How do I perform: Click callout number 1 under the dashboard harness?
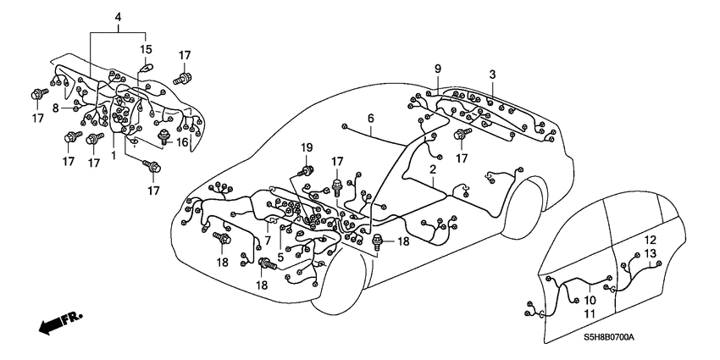[114, 155]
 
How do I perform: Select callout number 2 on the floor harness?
[432, 170]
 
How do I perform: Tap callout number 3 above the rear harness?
[493, 75]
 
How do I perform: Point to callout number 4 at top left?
[119, 16]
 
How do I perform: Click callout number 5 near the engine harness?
[280, 257]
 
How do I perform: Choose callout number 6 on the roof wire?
[370, 118]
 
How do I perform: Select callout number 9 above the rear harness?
[438, 68]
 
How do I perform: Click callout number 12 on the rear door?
[650, 241]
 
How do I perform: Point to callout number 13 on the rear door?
[650, 254]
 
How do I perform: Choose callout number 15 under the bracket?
[146, 48]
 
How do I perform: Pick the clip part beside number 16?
[165, 138]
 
